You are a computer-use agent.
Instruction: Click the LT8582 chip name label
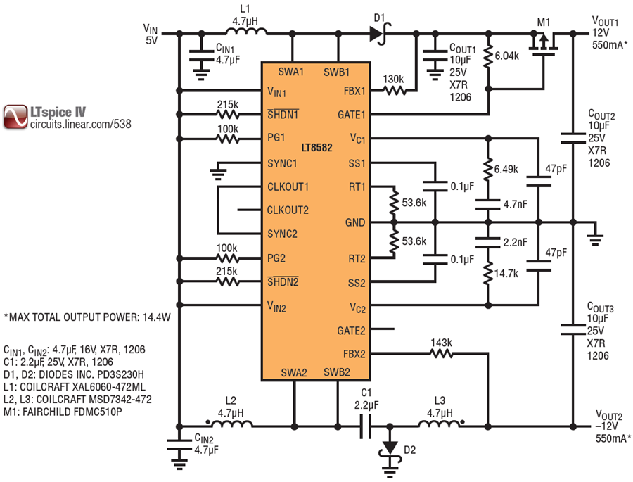[316, 148]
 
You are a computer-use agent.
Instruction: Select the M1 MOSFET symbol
[544, 43]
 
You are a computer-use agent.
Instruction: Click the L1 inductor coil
[246, 32]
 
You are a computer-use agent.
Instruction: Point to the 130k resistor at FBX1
[394, 91]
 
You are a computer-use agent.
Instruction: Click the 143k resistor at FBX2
[441, 354]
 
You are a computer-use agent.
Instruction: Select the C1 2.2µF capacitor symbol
[365, 426]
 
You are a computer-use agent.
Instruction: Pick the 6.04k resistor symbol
[488, 56]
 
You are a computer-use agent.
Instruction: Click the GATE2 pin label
[351, 331]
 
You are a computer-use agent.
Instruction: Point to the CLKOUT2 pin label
[288, 210]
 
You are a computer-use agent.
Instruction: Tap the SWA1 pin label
[291, 72]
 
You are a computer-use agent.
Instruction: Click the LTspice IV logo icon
[15, 118]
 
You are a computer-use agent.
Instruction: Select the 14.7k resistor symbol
[488, 274]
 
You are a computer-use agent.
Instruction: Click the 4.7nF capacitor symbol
[488, 204]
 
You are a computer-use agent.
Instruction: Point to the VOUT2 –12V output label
[611, 426]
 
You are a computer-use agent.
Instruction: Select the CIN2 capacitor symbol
[179, 445]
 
